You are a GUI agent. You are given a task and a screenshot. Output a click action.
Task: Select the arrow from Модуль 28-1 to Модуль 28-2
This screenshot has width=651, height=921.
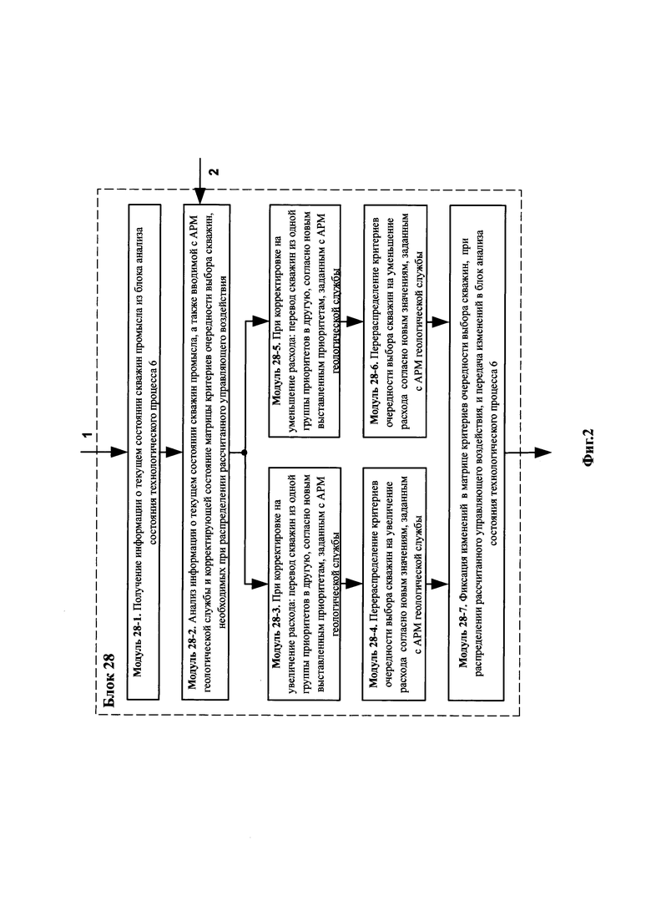point(174,452)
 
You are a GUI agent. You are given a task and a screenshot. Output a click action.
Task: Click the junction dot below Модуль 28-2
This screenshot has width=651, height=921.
point(245,452)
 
